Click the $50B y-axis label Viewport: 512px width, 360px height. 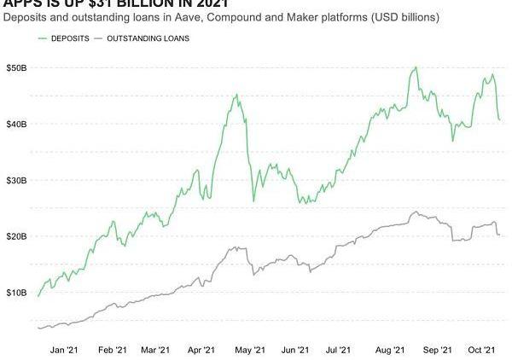(x=17, y=67)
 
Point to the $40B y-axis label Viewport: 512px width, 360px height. (x=17, y=125)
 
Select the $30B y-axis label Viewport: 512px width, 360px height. (x=17, y=181)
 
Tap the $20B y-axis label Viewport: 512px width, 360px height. (x=17, y=236)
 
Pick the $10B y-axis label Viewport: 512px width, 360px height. (x=17, y=293)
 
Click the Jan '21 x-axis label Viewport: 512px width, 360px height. (x=65, y=350)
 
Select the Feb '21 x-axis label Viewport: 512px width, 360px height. (x=113, y=350)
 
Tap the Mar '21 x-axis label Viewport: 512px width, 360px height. (x=154, y=350)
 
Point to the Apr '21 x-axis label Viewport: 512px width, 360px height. (x=201, y=350)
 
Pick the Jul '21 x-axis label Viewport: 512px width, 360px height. (x=339, y=350)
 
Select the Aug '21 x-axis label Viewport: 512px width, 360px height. (x=389, y=350)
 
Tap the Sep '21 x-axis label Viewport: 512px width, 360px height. (x=437, y=350)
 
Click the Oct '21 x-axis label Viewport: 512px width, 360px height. (x=482, y=350)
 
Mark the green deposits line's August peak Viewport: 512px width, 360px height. (x=415, y=67)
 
